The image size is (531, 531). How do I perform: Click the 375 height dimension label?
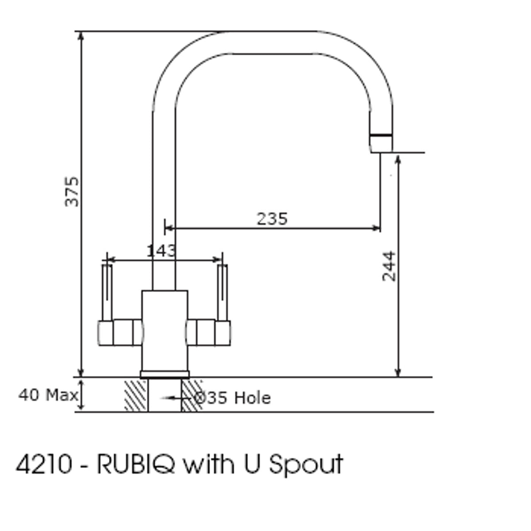point(72,192)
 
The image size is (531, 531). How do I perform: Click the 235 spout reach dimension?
point(272,219)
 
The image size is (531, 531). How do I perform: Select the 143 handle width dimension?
point(161,250)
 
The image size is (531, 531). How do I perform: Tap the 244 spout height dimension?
point(389,266)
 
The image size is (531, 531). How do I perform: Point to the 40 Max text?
point(48,395)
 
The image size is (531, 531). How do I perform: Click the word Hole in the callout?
point(252,398)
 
